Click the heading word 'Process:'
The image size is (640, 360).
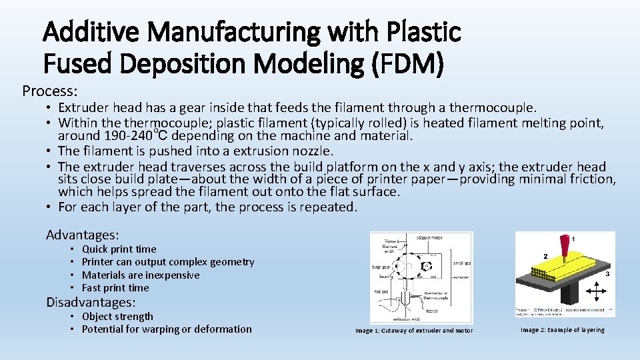pos(50,90)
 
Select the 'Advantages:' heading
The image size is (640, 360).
pos(82,235)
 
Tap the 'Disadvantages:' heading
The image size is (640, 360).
pos(91,302)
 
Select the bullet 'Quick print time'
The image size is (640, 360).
pos(119,249)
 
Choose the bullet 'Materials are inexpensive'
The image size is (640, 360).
pos(140,275)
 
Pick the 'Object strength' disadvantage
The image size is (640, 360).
pos(117,317)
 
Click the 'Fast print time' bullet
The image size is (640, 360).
pos(115,288)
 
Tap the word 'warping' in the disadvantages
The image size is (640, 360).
pos(182,329)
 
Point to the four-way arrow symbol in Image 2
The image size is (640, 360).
pos(595,294)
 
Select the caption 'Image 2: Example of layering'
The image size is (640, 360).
pos(563,330)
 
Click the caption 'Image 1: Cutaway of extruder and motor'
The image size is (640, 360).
pos(413,331)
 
